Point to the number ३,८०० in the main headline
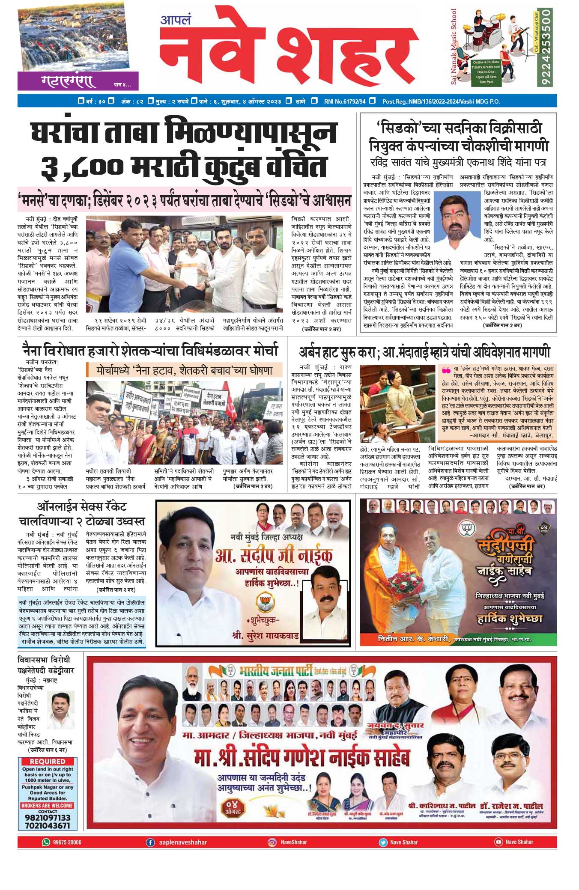point(81,166)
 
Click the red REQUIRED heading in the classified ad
point(48,761)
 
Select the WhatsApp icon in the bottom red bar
point(46,842)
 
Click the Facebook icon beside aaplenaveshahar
point(150,842)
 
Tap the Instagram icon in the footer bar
point(272,842)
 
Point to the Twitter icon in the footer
point(382,842)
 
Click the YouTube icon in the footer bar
point(498,842)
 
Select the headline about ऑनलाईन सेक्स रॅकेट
point(81,514)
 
